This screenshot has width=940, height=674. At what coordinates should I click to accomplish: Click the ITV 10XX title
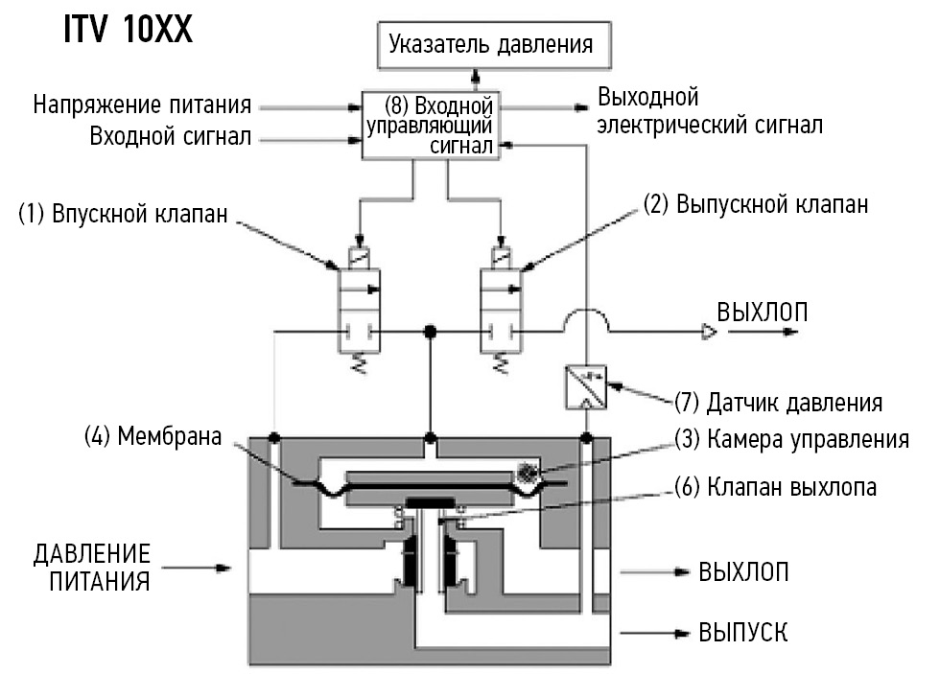coord(128,30)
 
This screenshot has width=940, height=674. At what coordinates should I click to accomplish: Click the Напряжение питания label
coord(143,104)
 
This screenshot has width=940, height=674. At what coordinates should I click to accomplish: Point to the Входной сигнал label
coord(171,137)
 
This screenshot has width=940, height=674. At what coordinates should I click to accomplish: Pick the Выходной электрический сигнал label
coord(709,111)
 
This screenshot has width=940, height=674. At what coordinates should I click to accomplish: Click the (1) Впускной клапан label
coord(123,214)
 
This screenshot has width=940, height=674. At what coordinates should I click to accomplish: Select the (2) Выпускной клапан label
coord(758,204)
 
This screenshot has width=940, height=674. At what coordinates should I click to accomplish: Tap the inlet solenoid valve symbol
coord(358,307)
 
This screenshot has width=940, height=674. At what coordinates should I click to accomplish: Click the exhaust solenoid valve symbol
coord(499,307)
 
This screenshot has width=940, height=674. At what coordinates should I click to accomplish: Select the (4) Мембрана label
coord(153,437)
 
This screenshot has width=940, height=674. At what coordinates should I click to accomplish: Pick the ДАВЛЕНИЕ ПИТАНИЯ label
coord(93,568)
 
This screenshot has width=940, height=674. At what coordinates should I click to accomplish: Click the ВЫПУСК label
coord(743,633)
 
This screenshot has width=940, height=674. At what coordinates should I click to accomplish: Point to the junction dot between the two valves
coord(431,332)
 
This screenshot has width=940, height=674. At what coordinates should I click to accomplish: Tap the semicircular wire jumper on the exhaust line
coord(585,321)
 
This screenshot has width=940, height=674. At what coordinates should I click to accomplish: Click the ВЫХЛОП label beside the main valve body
coord(743,572)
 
